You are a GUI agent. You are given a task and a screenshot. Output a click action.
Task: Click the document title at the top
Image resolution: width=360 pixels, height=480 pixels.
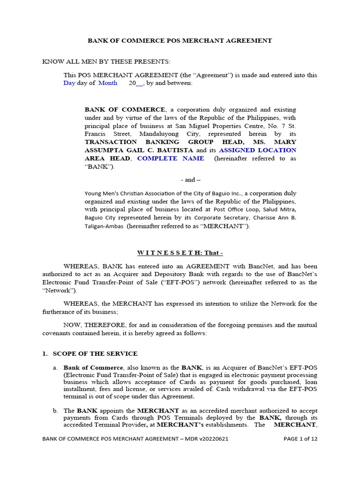[180, 41]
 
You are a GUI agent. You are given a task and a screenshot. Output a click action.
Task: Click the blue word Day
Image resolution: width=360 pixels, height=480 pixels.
[69, 83]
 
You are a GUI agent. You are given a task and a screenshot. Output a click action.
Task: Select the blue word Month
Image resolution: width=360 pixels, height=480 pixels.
[108, 83]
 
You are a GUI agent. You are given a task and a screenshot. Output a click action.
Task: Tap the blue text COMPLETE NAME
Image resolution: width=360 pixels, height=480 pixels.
[171, 158]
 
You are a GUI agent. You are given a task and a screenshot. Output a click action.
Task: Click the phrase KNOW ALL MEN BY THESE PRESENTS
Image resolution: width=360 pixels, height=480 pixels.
[106, 62]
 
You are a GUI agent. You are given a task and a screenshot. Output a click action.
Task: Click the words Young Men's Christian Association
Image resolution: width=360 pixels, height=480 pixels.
[136, 193]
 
